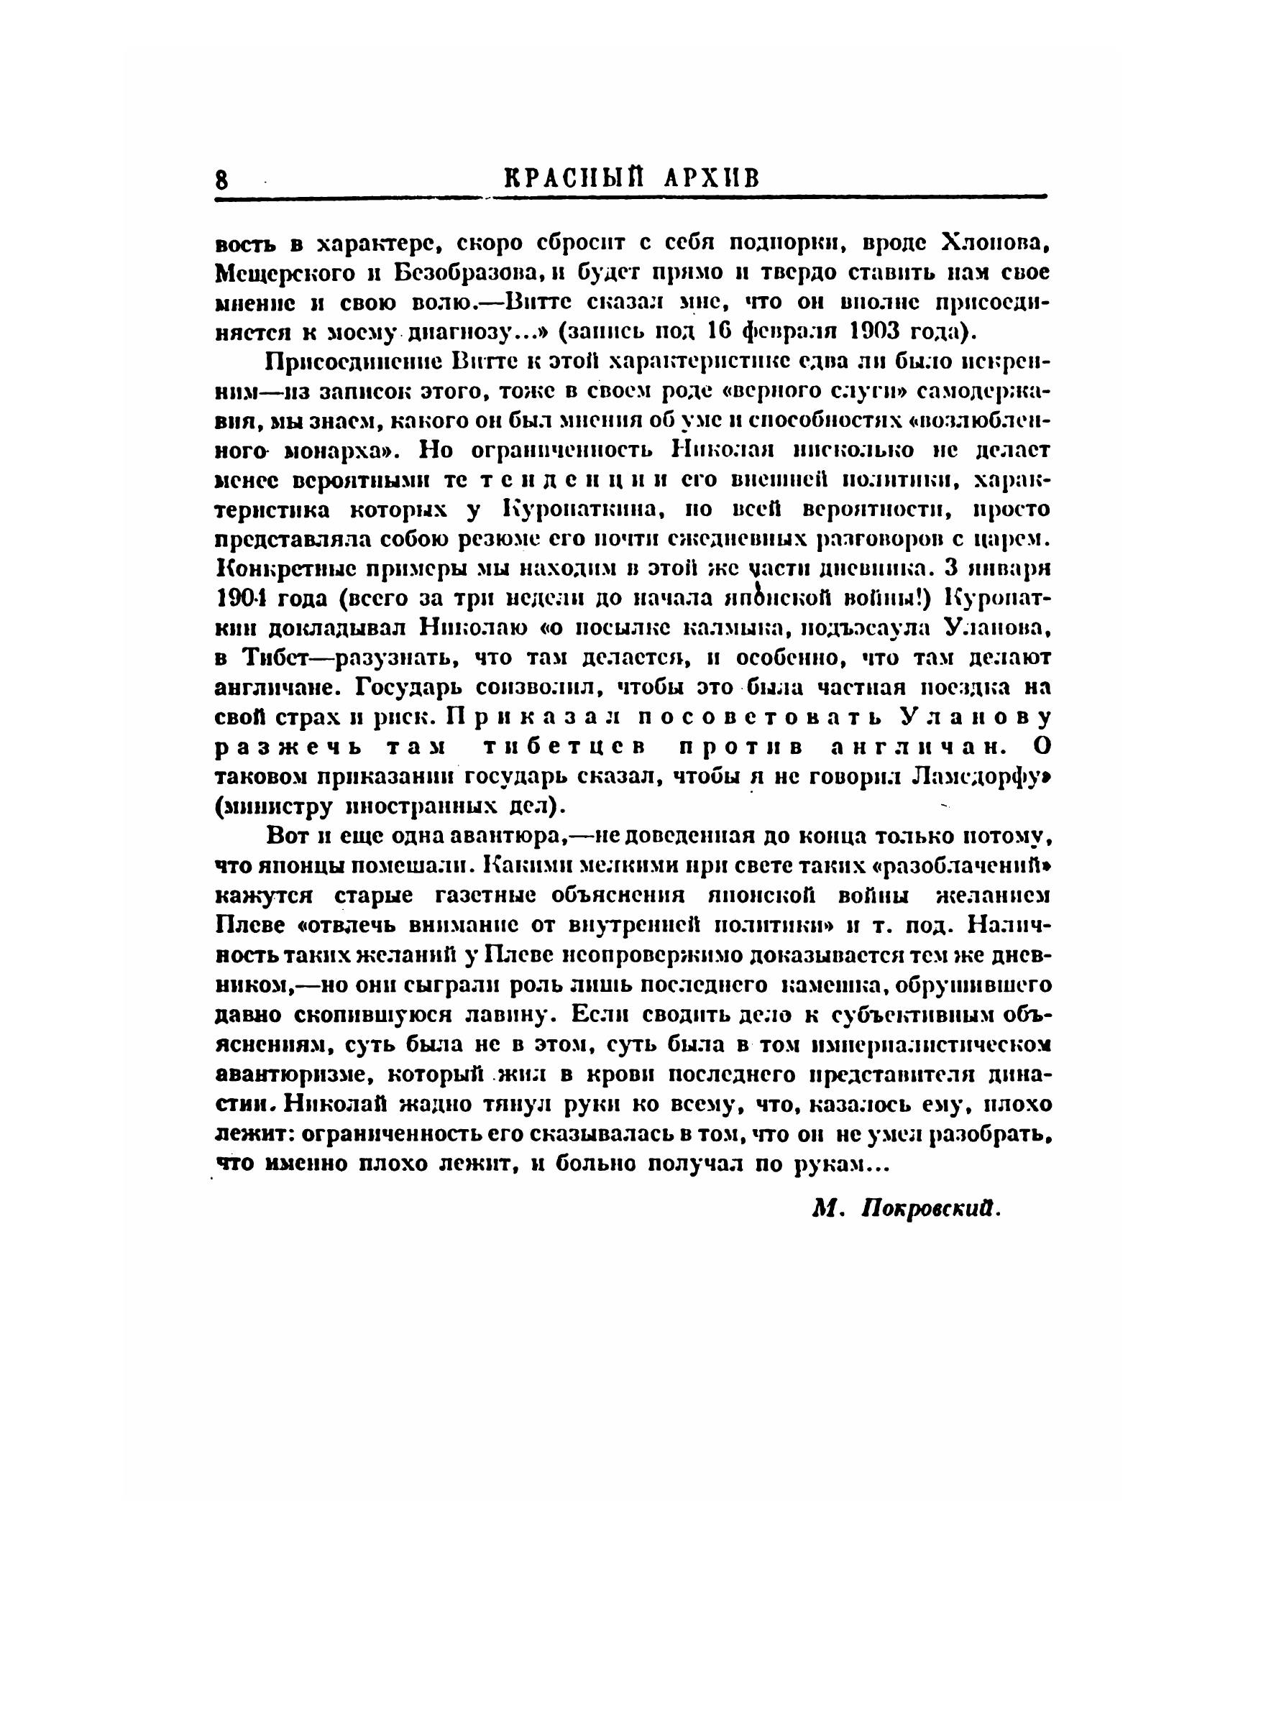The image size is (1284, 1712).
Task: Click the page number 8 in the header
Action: (x=222, y=180)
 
